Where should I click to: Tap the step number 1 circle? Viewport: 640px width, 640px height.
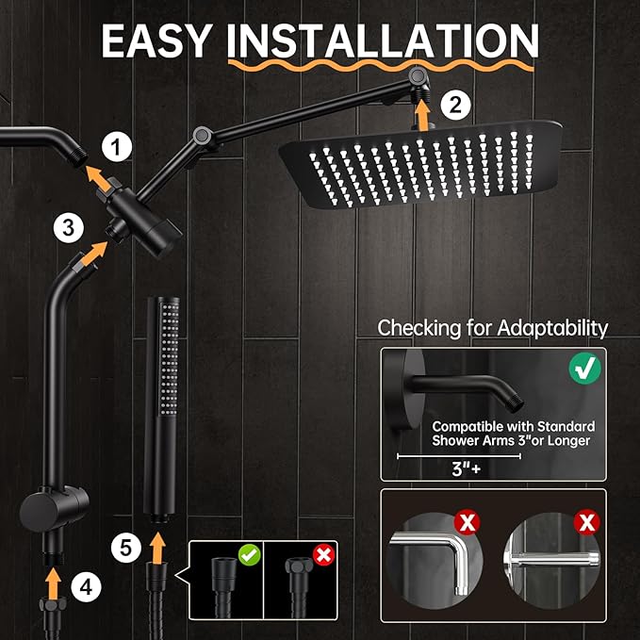click(x=116, y=146)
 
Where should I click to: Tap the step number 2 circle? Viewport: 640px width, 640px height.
click(x=455, y=106)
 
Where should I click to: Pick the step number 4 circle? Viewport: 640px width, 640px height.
click(x=86, y=586)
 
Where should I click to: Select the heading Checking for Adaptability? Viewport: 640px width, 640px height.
click(x=493, y=328)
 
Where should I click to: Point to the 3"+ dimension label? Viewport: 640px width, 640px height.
click(x=457, y=467)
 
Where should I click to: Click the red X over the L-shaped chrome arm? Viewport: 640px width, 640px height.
click(x=466, y=520)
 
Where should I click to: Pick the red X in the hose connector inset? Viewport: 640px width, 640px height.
click(x=323, y=554)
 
